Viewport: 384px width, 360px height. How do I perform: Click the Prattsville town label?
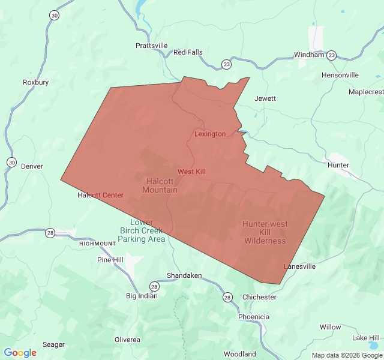(151, 46)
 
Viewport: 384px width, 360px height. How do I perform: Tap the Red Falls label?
(188, 52)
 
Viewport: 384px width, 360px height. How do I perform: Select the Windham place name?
(309, 55)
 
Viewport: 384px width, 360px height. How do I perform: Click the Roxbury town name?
(35, 82)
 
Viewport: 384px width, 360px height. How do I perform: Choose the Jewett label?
(265, 98)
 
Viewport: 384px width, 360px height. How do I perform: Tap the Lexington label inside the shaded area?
(210, 134)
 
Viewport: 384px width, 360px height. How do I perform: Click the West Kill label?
(191, 172)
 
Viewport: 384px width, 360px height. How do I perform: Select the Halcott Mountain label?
(160, 185)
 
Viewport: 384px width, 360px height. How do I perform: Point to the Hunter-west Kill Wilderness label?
(265, 232)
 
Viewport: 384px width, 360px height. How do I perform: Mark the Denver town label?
(32, 166)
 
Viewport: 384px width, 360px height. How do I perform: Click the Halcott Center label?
(100, 195)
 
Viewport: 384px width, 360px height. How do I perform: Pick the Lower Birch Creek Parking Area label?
(141, 230)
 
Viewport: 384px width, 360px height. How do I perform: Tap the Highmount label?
(97, 244)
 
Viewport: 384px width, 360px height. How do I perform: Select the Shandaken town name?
(184, 275)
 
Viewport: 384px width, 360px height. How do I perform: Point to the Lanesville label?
(299, 266)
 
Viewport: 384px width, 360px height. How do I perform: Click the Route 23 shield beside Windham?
(332, 55)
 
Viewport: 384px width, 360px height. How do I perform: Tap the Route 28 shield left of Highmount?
(50, 233)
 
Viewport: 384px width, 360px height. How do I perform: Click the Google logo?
(20, 353)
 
